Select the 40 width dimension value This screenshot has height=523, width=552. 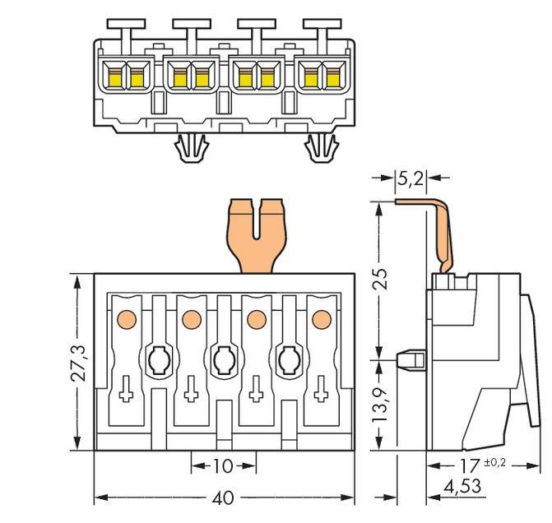pos(223,498)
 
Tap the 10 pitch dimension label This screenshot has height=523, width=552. pos(222,466)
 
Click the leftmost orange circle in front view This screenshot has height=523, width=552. pos(127,317)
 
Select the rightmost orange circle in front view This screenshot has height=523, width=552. pos(320,317)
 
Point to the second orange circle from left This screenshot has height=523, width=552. pos(191,317)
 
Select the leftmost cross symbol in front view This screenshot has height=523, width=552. pos(126,393)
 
